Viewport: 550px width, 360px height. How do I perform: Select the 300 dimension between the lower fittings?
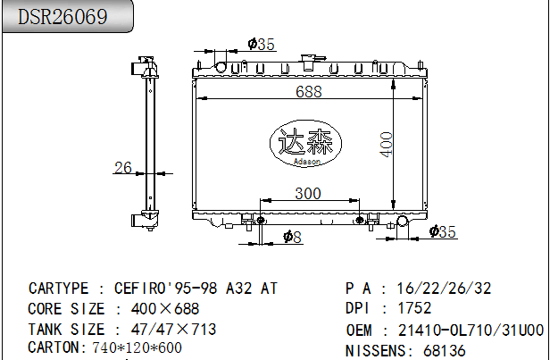point(308,193)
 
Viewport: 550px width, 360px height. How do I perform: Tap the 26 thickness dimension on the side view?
point(122,167)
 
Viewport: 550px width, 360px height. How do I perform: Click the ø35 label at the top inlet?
point(261,45)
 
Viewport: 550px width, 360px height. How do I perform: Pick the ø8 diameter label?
point(293,237)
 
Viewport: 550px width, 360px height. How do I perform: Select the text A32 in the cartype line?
point(241,289)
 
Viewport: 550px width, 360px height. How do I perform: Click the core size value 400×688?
point(165,309)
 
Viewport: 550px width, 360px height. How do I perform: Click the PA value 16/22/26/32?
point(444,289)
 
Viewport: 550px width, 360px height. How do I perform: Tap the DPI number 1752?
point(415,309)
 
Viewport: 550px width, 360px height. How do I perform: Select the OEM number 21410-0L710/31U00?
point(470,330)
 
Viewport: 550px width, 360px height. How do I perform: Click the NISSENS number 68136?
point(443,349)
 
